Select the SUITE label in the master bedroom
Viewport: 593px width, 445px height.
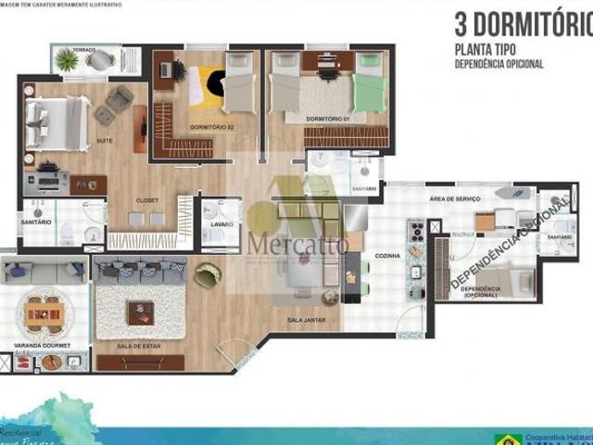pos(105,140)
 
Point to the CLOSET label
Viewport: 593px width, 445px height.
pos(146,199)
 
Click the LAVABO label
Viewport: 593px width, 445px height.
pos(221,224)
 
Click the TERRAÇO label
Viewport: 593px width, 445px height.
pos(84,49)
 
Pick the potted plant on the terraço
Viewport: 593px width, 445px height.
pos(68,60)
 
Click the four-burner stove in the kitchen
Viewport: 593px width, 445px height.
pos(416,229)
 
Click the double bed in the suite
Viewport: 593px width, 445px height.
pos(57,123)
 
